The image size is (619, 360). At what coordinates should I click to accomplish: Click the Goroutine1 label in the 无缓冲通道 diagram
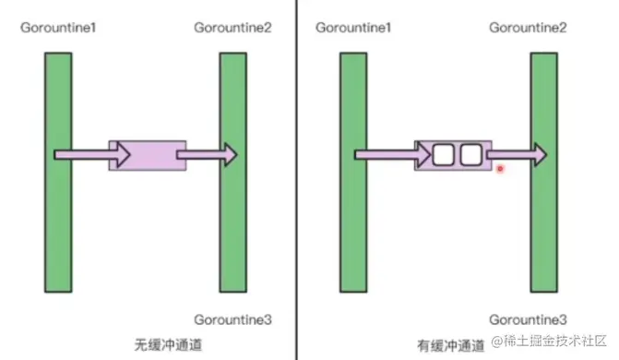[x=59, y=27]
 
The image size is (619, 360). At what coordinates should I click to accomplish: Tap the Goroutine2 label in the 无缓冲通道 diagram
[x=233, y=27]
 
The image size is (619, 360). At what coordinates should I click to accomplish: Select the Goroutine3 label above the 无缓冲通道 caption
[x=233, y=319]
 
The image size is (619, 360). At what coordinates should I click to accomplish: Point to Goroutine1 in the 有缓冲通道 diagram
[x=354, y=27]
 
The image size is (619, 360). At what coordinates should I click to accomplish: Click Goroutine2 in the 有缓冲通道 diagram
[x=529, y=27]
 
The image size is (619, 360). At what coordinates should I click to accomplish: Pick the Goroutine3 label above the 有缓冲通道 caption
[x=529, y=319]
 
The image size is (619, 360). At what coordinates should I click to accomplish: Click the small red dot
[x=500, y=169]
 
